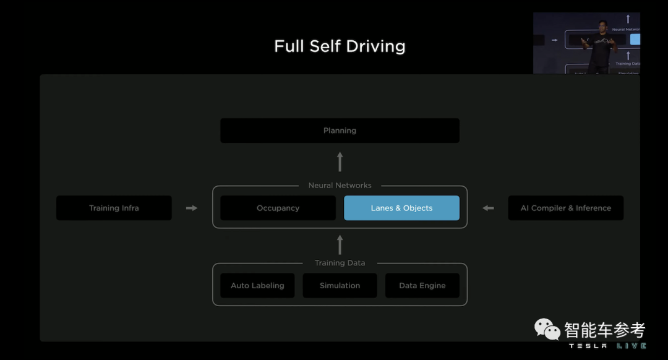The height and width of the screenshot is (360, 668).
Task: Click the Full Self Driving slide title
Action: [340, 46]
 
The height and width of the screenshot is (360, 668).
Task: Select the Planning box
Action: [340, 131]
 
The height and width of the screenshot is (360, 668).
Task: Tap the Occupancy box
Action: [278, 208]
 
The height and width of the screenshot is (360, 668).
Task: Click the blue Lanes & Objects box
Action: [401, 208]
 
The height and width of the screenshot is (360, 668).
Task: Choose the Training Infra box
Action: [114, 208]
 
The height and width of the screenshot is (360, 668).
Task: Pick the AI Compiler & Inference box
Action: [565, 208]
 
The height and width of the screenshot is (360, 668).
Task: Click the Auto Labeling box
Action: [257, 285]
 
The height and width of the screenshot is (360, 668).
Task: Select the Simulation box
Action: [340, 285]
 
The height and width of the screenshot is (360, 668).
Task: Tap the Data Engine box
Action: [422, 285]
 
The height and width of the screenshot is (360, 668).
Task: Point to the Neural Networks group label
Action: [340, 185]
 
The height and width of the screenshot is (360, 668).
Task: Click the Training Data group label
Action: [340, 263]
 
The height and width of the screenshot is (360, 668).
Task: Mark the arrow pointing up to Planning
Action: [340, 162]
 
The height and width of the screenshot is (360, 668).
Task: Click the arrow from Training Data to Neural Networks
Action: [340, 244]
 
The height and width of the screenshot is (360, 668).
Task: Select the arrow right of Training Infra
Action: [192, 208]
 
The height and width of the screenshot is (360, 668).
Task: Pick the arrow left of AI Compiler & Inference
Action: [488, 208]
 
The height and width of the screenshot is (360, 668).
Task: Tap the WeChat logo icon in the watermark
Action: [547, 329]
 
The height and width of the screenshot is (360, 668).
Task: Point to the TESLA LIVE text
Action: [607, 346]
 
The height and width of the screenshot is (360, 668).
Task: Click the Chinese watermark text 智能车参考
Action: [604, 329]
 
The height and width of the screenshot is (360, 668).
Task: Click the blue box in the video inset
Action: [635, 40]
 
